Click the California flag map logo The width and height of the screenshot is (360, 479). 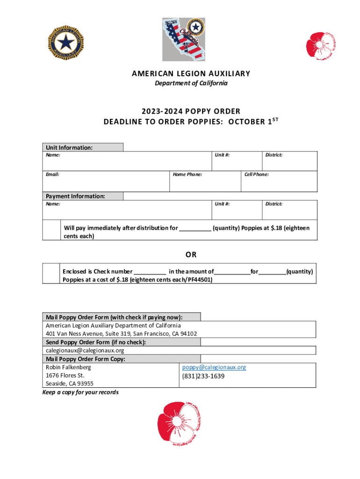pyautogui.click(x=184, y=40)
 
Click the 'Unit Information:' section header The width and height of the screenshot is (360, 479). pyautogui.click(x=69, y=147)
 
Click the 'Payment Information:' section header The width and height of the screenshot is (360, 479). pyautogui.click(x=75, y=196)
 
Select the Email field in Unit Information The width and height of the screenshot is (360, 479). pyautogui.click(x=106, y=181)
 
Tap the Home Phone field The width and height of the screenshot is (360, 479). pyautogui.click(x=205, y=181)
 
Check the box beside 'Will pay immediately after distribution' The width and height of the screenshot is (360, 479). pyautogui.click(x=51, y=230)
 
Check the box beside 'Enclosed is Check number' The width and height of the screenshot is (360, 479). pyautogui.click(x=51, y=274)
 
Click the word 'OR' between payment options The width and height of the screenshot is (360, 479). pyautogui.click(x=191, y=255)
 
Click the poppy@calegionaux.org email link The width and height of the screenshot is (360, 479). pyautogui.click(x=214, y=367)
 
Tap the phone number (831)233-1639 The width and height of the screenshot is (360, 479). pyautogui.click(x=203, y=376)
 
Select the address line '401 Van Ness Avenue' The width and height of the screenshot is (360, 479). pyautogui.click(x=121, y=334)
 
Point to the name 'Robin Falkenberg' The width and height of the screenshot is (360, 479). pyautogui.click(x=68, y=367)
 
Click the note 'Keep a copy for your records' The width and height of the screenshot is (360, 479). pyautogui.click(x=80, y=392)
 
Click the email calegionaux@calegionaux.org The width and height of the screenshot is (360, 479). pyautogui.click(x=85, y=350)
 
